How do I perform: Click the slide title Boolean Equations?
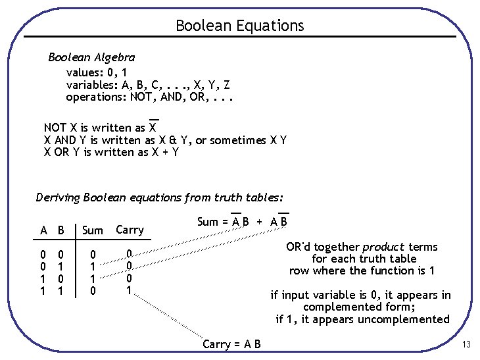[240, 26]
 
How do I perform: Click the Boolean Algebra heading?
[91, 57]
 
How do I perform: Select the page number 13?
[466, 345]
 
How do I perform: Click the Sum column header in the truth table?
[93, 230]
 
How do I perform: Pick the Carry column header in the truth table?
[130, 229]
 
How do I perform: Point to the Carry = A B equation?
[231, 344]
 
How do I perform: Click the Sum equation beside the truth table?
[242, 222]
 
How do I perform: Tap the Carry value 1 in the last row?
[130, 290]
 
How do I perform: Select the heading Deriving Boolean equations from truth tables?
[160, 197]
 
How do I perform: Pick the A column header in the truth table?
[43, 230]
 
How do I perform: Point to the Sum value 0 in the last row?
[93, 290]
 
